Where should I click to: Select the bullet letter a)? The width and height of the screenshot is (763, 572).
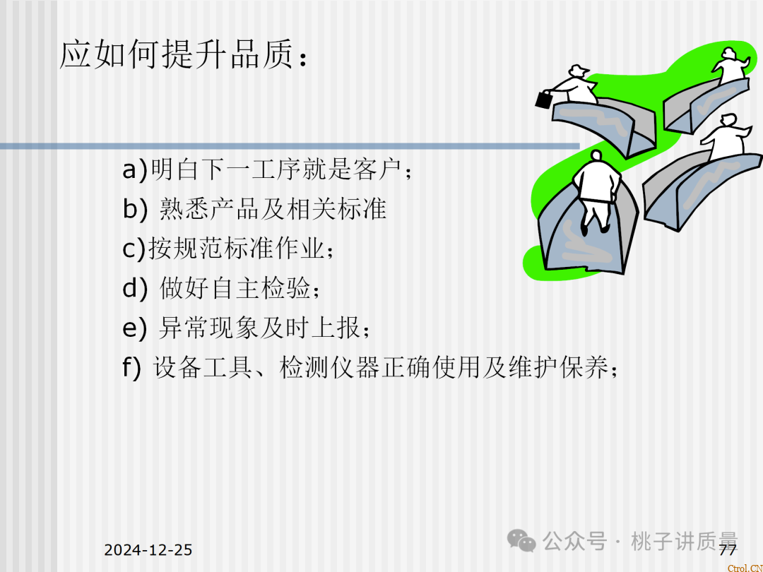coord(135,170)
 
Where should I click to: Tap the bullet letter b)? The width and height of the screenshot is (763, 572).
coord(135,210)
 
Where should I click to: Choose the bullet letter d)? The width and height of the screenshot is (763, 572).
coord(135,289)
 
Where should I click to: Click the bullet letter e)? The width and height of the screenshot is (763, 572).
coord(135,328)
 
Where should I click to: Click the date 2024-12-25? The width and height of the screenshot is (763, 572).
coord(148,550)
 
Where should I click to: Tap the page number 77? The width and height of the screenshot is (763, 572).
coord(728,551)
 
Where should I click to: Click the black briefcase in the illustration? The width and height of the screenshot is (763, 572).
coord(544,100)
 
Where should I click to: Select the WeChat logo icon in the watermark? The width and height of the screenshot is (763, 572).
coord(524,541)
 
